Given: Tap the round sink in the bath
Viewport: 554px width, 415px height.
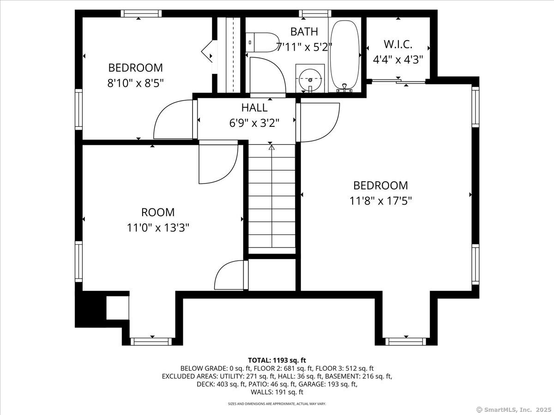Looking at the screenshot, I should click(310, 79).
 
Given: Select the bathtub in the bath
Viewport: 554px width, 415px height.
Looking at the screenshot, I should click(345, 54).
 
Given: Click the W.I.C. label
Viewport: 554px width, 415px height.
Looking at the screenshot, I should click(398, 45).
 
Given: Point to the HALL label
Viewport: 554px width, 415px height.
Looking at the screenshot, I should click(254, 108).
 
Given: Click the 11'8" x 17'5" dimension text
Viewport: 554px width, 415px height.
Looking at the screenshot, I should click(380, 201).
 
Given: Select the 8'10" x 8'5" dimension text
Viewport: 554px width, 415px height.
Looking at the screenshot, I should click(135, 83).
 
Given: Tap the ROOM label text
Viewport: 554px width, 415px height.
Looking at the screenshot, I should click(158, 213).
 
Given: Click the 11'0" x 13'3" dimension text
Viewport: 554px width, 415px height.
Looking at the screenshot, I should click(158, 227).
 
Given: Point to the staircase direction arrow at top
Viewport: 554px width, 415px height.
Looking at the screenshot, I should click(271, 148).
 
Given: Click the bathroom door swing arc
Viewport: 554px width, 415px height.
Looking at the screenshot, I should click(268, 74).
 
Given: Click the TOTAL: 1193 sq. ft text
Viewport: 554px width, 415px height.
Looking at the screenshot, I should click(277, 360).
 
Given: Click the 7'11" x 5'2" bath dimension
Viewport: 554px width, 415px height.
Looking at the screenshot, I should click(304, 47).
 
